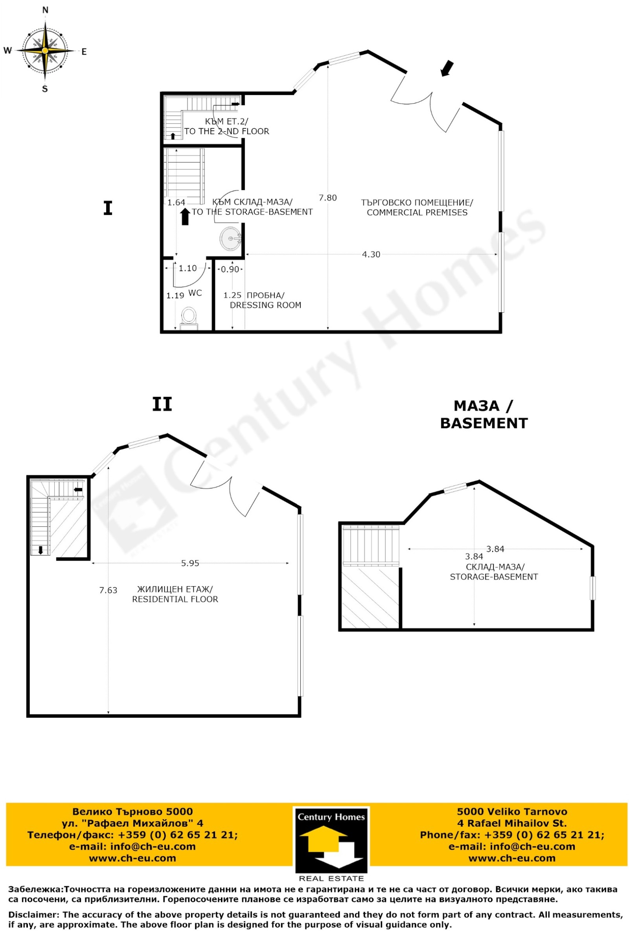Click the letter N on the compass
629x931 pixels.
[45, 10]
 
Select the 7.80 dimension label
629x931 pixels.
[328, 198]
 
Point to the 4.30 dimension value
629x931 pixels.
[371, 254]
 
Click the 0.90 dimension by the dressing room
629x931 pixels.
[230, 270]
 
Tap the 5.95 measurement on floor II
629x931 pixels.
[190, 563]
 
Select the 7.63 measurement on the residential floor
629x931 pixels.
[108, 590]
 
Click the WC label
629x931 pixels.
[195, 293]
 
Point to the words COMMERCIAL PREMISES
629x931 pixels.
[417, 212]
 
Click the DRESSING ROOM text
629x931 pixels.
[265, 305]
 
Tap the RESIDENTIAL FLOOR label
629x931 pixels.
[175, 599]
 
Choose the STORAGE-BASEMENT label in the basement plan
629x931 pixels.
[494, 577]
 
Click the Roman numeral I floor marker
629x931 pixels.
[108, 208]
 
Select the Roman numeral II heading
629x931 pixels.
[162, 404]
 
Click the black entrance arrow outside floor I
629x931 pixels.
[447, 68]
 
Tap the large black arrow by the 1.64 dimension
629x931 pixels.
[185, 217]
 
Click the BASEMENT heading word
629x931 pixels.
[484, 423]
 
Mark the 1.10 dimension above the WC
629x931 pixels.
[188, 268]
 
